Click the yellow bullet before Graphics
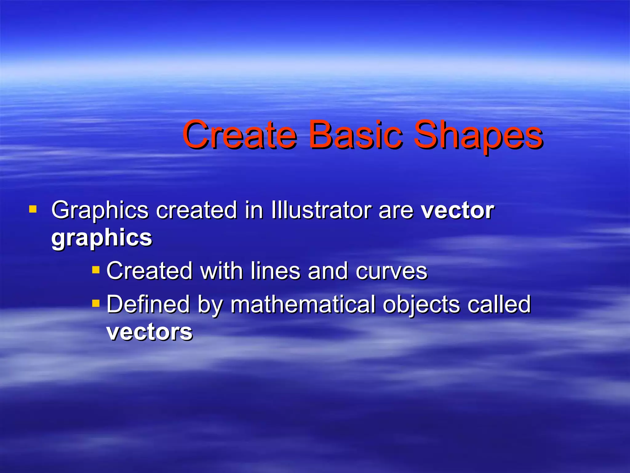point(33,210)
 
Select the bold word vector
point(457,211)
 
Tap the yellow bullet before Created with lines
point(96,270)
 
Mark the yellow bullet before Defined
point(96,304)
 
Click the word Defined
point(148,304)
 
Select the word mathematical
point(303,304)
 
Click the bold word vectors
point(149,332)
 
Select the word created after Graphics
point(196,211)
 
